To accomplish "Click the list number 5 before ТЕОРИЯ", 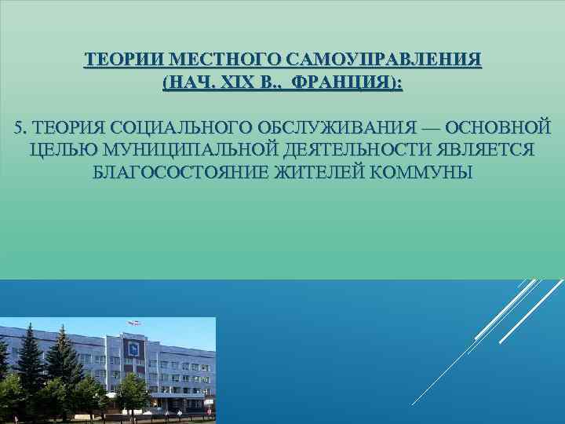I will click(19, 128).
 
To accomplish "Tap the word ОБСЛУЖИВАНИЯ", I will click(334, 128).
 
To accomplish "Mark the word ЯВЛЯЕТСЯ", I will click(479, 150).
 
